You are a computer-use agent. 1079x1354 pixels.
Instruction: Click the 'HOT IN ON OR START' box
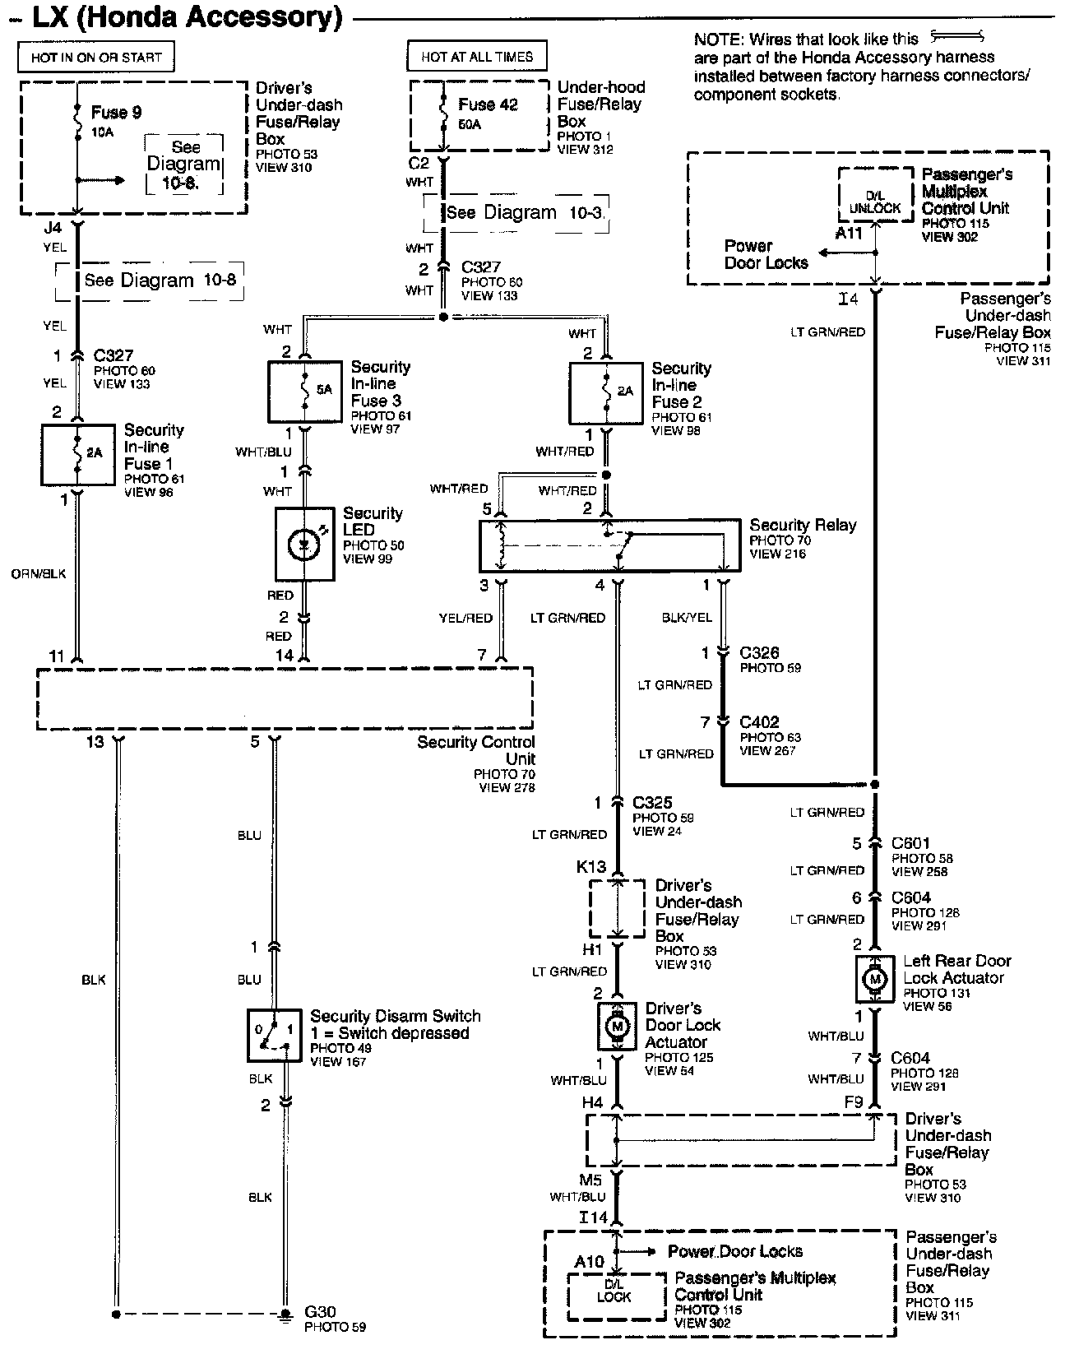click(95, 58)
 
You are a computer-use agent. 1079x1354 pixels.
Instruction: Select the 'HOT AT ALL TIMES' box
click(477, 56)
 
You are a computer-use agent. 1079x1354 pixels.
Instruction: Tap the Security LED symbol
click(304, 544)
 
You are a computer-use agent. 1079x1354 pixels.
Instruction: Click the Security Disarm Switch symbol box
click(275, 1035)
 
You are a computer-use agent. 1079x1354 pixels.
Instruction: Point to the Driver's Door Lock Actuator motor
click(617, 1027)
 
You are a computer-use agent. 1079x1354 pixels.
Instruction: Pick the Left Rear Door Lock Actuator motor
click(874, 979)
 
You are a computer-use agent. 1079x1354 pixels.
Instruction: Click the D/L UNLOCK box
click(875, 195)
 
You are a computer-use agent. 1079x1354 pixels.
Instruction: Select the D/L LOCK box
click(615, 1296)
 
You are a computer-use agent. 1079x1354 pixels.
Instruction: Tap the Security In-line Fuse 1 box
click(78, 455)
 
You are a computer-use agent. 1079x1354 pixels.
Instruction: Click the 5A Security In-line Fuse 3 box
click(305, 392)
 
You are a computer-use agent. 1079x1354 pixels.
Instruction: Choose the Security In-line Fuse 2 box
click(606, 393)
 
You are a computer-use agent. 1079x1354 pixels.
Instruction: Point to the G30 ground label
click(320, 1311)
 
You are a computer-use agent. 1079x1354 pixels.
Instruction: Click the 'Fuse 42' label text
click(488, 104)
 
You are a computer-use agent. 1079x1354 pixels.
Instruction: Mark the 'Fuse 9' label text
click(117, 113)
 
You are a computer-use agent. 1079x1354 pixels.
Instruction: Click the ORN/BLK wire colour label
click(39, 574)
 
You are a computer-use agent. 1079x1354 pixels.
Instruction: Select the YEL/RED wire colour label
click(465, 618)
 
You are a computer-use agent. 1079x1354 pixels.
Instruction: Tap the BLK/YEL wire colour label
click(687, 618)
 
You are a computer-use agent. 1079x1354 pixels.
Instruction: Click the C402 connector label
click(759, 721)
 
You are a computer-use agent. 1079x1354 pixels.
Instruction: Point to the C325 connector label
click(652, 802)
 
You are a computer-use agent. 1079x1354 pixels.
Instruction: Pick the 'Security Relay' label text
click(803, 526)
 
